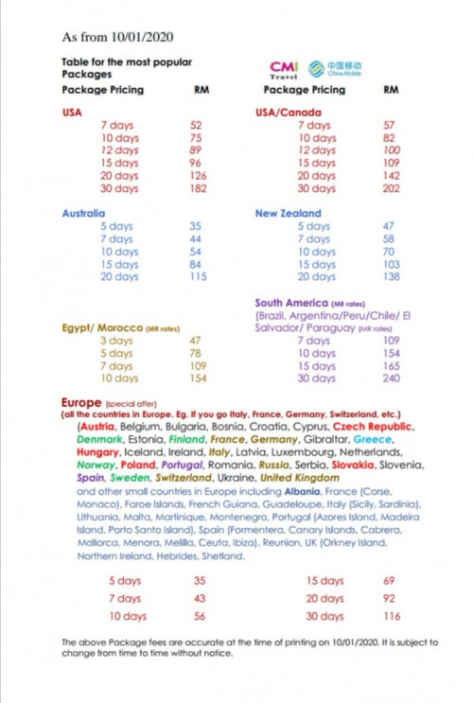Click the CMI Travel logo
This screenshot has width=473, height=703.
[284, 69]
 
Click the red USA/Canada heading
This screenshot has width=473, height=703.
[289, 113]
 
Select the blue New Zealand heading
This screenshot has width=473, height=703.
[288, 214]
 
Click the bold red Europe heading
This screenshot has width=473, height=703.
[80, 402]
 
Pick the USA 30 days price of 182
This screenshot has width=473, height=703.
[196, 189]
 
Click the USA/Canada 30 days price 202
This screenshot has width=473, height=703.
[390, 189]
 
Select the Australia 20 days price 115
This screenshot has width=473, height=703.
[197, 277]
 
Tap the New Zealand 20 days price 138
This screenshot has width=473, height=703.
[390, 277]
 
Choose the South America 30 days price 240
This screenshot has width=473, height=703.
[390, 378]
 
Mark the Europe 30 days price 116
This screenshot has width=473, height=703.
[392, 616]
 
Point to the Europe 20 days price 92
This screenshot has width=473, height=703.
[388, 598]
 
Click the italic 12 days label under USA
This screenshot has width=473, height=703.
[119, 150]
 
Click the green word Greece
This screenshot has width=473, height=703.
[373, 440]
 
